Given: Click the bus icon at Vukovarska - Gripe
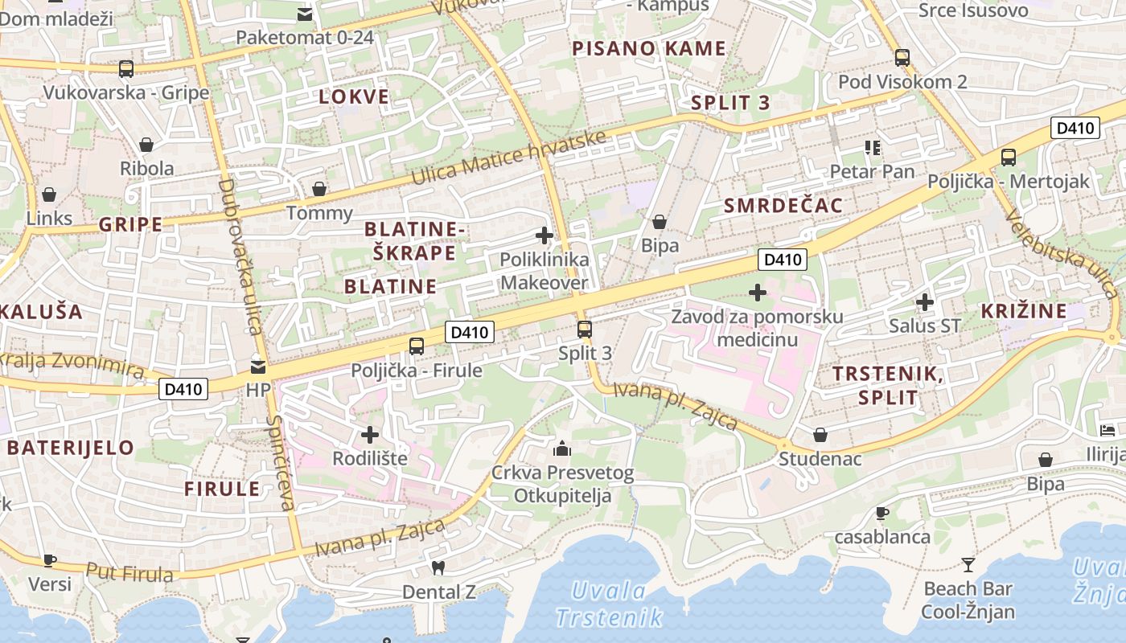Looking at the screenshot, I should pyautogui.click(x=126, y=69).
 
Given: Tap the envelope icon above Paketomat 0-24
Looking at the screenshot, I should pyautogui.click(x=305, y=14).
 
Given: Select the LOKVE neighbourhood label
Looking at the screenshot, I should pyautogui.click(x=354, y=97).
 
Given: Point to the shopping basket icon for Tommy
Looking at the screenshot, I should pyautogui.click(x=319, y=189).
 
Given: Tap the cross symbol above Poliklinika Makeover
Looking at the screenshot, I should pyautogui.click(x=545, y=235).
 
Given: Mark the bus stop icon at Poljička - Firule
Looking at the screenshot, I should pyautogui.click(x=417, y=346).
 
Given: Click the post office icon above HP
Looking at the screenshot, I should pyautogui.click(x=258, y=367).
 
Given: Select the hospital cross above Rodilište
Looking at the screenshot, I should pyautogui.click(x=370, y=435).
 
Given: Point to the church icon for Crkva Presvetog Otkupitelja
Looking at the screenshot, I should pyautogui.click(x=562, y=448).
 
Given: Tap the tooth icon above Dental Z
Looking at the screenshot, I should pyautogui.click(x=438, y=567).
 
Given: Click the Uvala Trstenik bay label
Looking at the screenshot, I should pyautogui.click(x=609, y=604).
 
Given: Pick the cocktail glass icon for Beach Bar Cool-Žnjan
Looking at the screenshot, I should pyautogui.click(x=968, y=564).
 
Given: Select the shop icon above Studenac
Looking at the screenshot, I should pyautogui.click(x=820, y=435).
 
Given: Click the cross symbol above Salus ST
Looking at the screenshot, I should pyautogui.click(x=925, y=302).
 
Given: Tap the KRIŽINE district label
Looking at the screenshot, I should pyautogui.click(x=1024, y=311).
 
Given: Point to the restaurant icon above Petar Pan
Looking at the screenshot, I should pyautogui.click(x=873, y=147).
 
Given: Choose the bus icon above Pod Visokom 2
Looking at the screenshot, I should pyautogui.click(x=902, y=57).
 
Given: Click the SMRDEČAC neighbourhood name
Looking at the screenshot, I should pyautogui.click(x=783, y=206).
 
